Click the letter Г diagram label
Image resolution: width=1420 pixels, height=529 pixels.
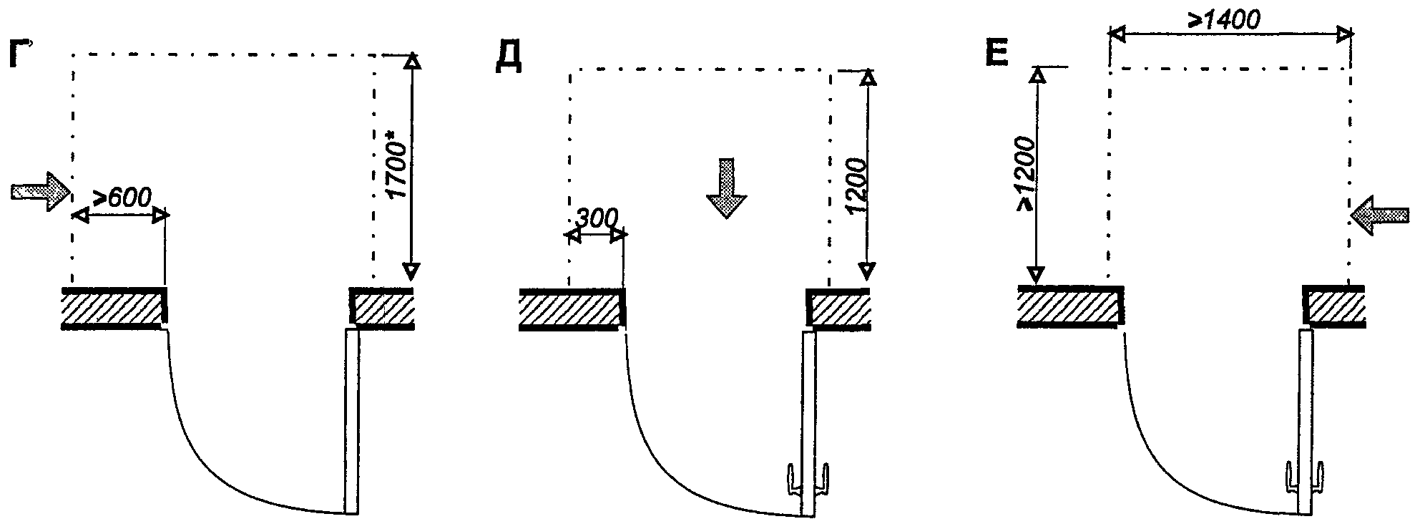tap(22, 56)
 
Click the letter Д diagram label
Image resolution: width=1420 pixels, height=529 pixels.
tap(507, 59)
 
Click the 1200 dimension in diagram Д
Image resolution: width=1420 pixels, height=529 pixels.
tap(856, 185)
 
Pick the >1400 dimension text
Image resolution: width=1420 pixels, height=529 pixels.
tap(1224, 20)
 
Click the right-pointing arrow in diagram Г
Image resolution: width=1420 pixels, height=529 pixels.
tap(41, 191)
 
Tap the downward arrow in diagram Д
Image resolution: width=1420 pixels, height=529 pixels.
tap(727, 188)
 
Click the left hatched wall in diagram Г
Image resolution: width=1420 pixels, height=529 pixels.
tap(115, 308)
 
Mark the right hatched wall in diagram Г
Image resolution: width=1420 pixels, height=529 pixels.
tap(381, 308)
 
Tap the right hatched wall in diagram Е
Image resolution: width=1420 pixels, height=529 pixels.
tap(1335, 306)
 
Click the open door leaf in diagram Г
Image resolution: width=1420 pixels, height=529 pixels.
tap(351, 421)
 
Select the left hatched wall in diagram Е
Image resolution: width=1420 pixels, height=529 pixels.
tap(1069, 306)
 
